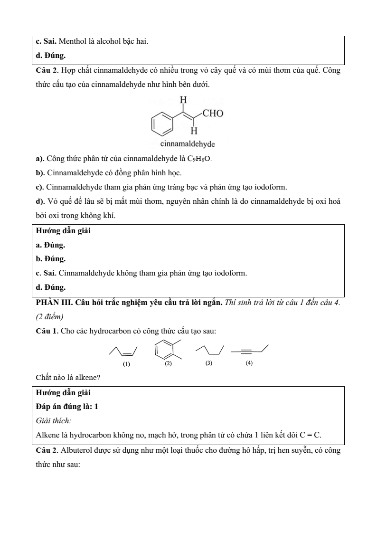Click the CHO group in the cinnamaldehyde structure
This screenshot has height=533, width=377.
tap(213, 114)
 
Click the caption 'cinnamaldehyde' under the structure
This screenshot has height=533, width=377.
tap(188, 144)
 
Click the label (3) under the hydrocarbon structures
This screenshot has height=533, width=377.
tap(208, 363)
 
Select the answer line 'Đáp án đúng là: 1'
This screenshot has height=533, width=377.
tap(67, 407)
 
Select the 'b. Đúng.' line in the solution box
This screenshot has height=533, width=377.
tap(51, 259)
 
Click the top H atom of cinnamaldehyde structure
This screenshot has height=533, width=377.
tap(183, 100)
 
